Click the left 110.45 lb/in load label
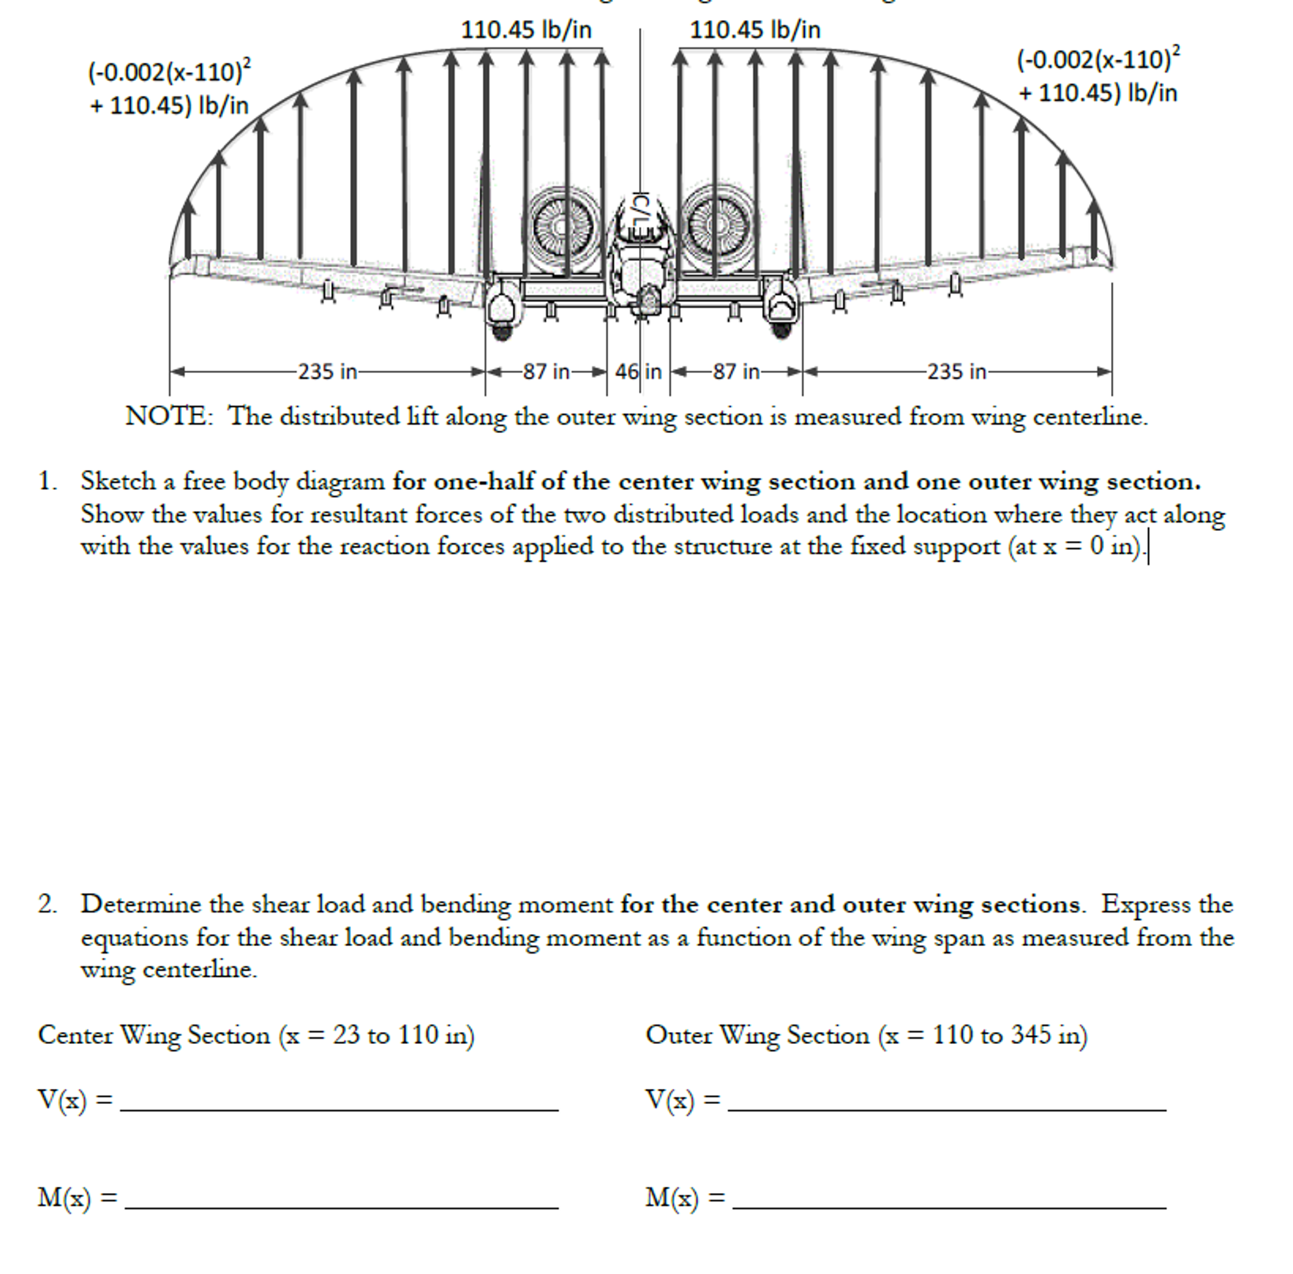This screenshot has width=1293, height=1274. (x=526, y=30)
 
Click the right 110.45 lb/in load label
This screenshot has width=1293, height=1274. (x=755, y=30)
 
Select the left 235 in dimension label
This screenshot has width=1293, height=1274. (x=327, y=372)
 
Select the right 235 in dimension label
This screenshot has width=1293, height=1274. (x=956, y=372)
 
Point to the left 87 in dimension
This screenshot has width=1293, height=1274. (x=546, y=372)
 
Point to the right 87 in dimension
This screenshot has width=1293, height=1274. (x=736, y=372)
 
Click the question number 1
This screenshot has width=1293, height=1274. (x=47, y=482)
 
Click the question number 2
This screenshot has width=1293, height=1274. (x=47, y=905)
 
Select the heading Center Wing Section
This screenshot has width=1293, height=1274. (x=154, y=1036)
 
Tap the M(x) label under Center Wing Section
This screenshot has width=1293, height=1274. (x=64, y=1198)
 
